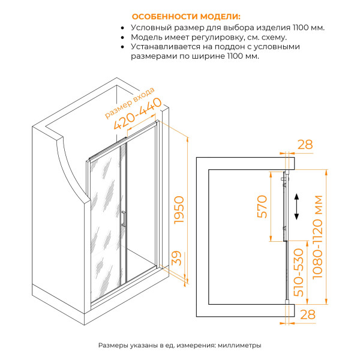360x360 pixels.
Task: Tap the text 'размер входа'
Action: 129,102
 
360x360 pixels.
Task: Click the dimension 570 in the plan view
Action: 262,208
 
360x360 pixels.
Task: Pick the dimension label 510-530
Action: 300,271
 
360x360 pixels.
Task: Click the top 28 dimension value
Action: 305,144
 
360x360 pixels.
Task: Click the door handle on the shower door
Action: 122,219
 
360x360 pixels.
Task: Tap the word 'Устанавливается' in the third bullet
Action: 166,46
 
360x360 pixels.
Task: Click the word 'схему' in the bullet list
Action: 266,37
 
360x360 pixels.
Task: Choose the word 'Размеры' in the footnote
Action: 113,346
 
